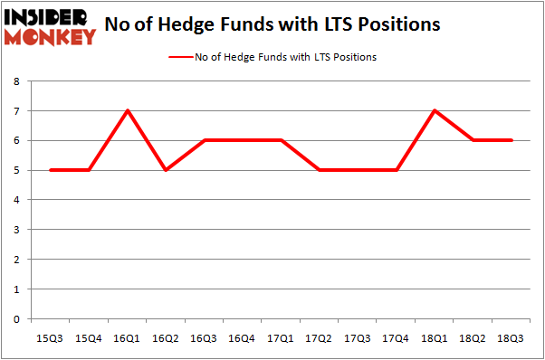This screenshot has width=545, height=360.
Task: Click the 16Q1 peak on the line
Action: tap(129, 111)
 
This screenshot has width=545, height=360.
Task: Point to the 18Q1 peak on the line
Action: tap(435, 111)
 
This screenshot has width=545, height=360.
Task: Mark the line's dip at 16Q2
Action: tap(167, 169)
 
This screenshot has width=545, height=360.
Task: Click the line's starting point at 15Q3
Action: tap(52, 169)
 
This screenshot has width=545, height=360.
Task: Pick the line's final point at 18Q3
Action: tap(512, 140)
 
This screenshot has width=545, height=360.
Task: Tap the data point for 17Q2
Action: tap(320, 169)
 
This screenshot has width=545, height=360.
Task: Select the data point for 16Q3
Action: tap(206, 140)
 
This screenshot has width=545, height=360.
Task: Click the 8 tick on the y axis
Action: tap(17, 81)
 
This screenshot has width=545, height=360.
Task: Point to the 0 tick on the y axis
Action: tap(17, 318)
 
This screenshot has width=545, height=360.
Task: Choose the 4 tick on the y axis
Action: tap(17, 200)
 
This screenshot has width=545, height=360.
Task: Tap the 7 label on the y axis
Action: tap(17, 111)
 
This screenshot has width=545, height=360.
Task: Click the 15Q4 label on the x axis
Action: tap(90, 337)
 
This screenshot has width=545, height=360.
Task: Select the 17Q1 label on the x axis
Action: tap(282, 337)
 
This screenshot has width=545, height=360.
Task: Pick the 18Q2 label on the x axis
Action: tap(473, 337)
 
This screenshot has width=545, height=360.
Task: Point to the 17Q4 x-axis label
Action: tap(397, 337)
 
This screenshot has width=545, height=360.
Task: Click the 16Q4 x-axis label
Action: tap(244, 337)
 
